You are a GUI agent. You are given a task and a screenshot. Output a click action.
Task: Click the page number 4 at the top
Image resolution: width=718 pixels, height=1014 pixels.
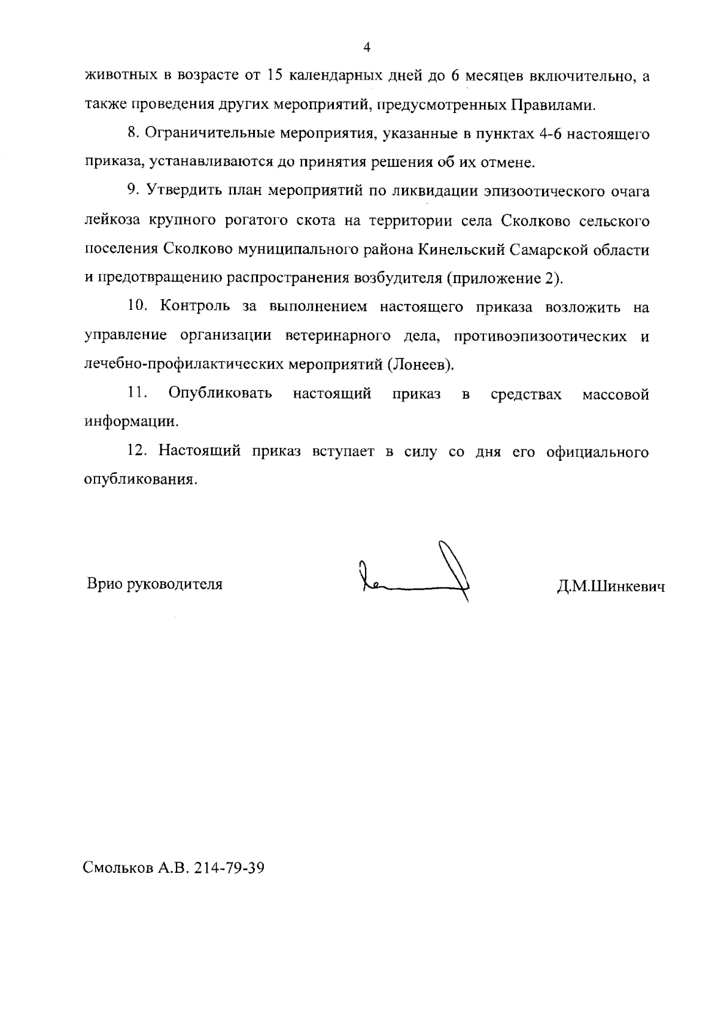point(367,47)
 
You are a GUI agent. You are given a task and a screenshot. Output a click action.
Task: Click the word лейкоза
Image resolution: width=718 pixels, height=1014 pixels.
point(111,221)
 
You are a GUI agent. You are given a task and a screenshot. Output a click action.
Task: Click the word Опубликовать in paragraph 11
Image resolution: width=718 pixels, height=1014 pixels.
point(220,394)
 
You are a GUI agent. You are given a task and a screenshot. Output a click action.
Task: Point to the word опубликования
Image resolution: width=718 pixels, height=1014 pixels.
point(139,480)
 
